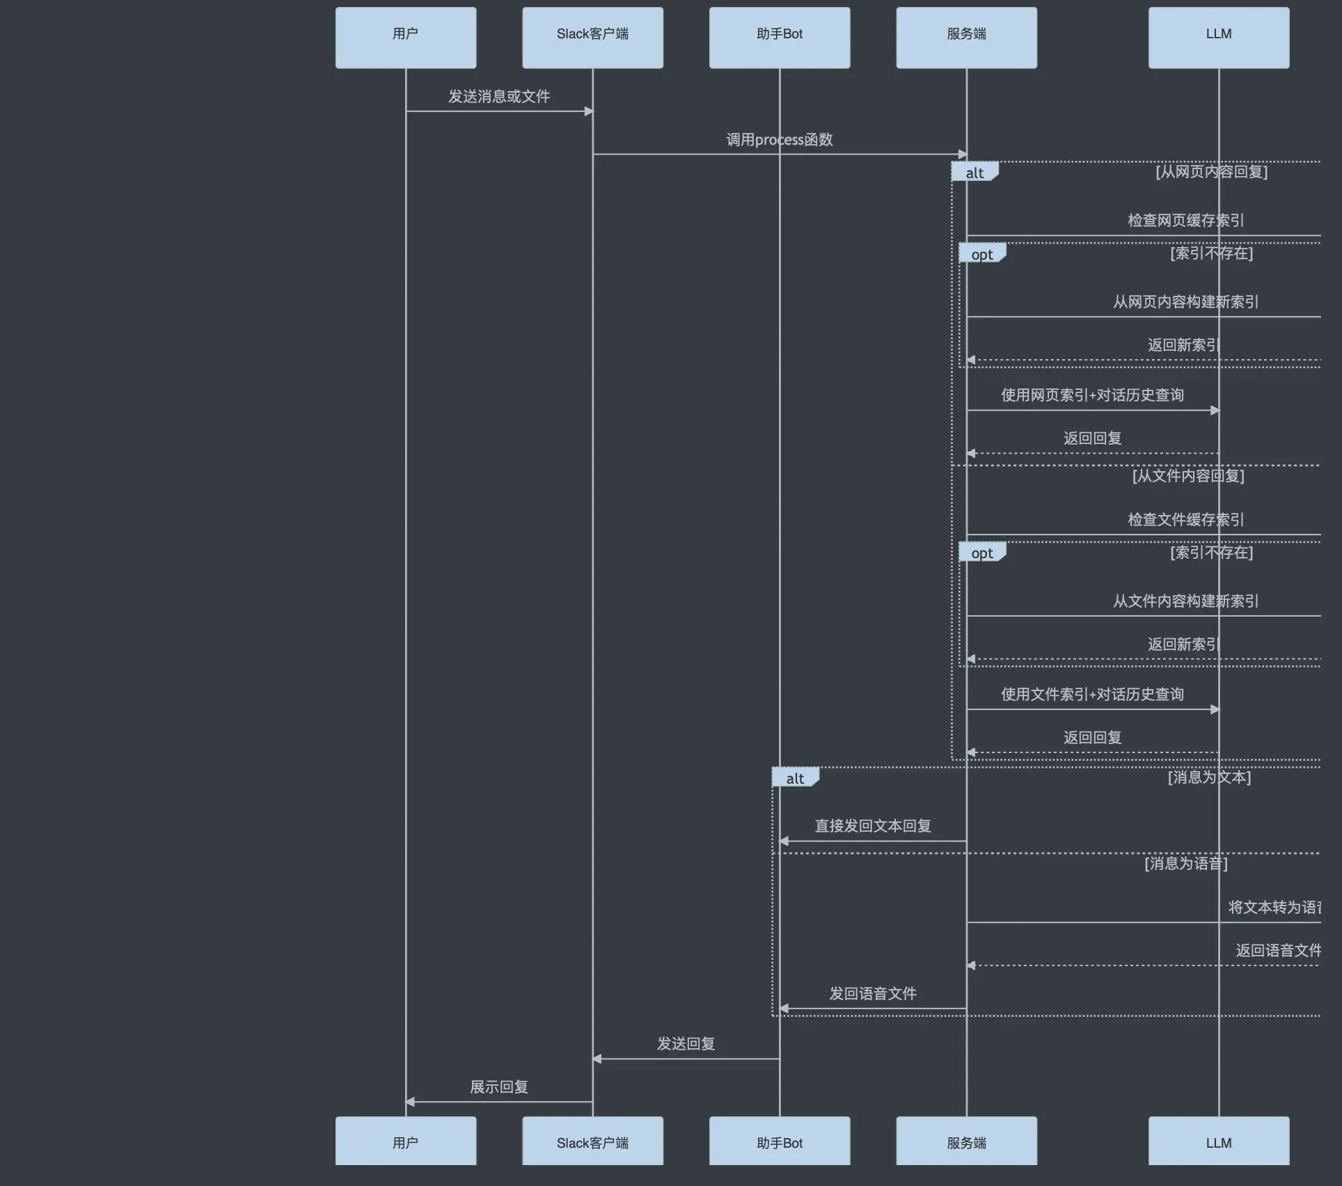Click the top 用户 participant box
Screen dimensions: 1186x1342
click(x=406, y=38)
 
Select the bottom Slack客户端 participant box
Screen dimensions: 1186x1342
click(x=592, y=1143)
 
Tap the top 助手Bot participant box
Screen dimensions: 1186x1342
click(x=780, y=38)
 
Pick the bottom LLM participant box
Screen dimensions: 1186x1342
click(x=1218, y=1143)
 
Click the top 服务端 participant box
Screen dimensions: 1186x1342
click(x=966, y=38)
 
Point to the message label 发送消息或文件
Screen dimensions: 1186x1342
click(x=499, y=97)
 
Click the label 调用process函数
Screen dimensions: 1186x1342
click(x=780, y=140)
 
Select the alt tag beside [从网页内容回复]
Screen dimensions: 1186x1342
click(x=974, y=173)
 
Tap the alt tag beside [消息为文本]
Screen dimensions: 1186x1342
click(x=795, y=778)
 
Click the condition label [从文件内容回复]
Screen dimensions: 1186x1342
click(x=1188, y=476)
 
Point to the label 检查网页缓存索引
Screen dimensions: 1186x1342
click(x=1185, y=221)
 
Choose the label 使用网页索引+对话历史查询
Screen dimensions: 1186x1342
click(x=1092, y=395)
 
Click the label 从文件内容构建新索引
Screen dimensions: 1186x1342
click(x=1185, y=601)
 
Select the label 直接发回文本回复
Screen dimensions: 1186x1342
click(x=873, y=826)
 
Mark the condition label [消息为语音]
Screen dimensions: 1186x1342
click(x=1185, y=864)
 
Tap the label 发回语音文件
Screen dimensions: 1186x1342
click(x=873, y=994)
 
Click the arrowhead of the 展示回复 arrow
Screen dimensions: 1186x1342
click(x=411, y=1102)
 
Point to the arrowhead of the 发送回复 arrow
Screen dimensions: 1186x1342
click(x=597, y=1059)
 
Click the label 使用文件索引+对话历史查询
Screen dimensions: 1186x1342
click(x=1092, y=695)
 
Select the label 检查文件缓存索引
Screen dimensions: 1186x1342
click(x=1185, y=520)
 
